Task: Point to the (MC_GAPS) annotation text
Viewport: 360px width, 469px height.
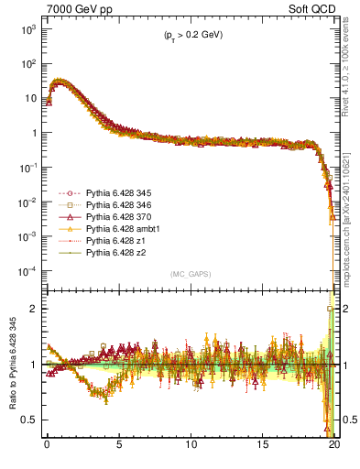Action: pos(191,274)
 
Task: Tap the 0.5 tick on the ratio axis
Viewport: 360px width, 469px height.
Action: pos(29,420)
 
